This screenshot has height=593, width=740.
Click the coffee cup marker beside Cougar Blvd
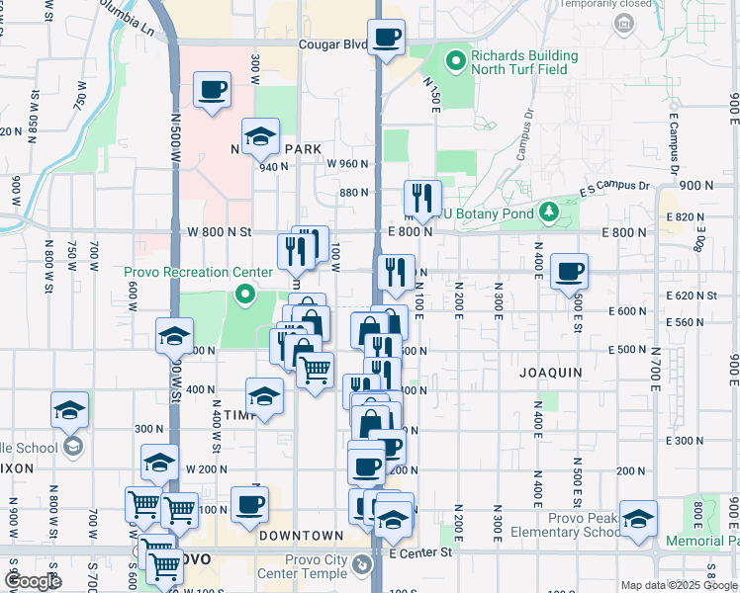(x=386, y=39)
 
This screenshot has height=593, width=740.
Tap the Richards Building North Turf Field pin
(x=455, y=62)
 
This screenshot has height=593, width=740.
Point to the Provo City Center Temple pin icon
(x=363, y=565)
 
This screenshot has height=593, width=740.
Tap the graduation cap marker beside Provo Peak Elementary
(x=638, y=518)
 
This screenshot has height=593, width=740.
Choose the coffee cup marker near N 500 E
(x=568, y=271)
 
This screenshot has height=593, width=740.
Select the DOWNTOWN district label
(x=300, y=536)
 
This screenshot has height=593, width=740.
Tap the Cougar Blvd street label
(x=333, y=43)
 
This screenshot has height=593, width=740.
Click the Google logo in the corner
(x=32, y=581)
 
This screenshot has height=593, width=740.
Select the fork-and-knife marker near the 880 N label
(x=422, y=198)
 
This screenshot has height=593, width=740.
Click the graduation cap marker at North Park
(x=260, y=136)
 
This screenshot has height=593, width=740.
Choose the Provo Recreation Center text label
(x=198, y=272)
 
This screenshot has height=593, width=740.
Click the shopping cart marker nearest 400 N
(x=315, y=371)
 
